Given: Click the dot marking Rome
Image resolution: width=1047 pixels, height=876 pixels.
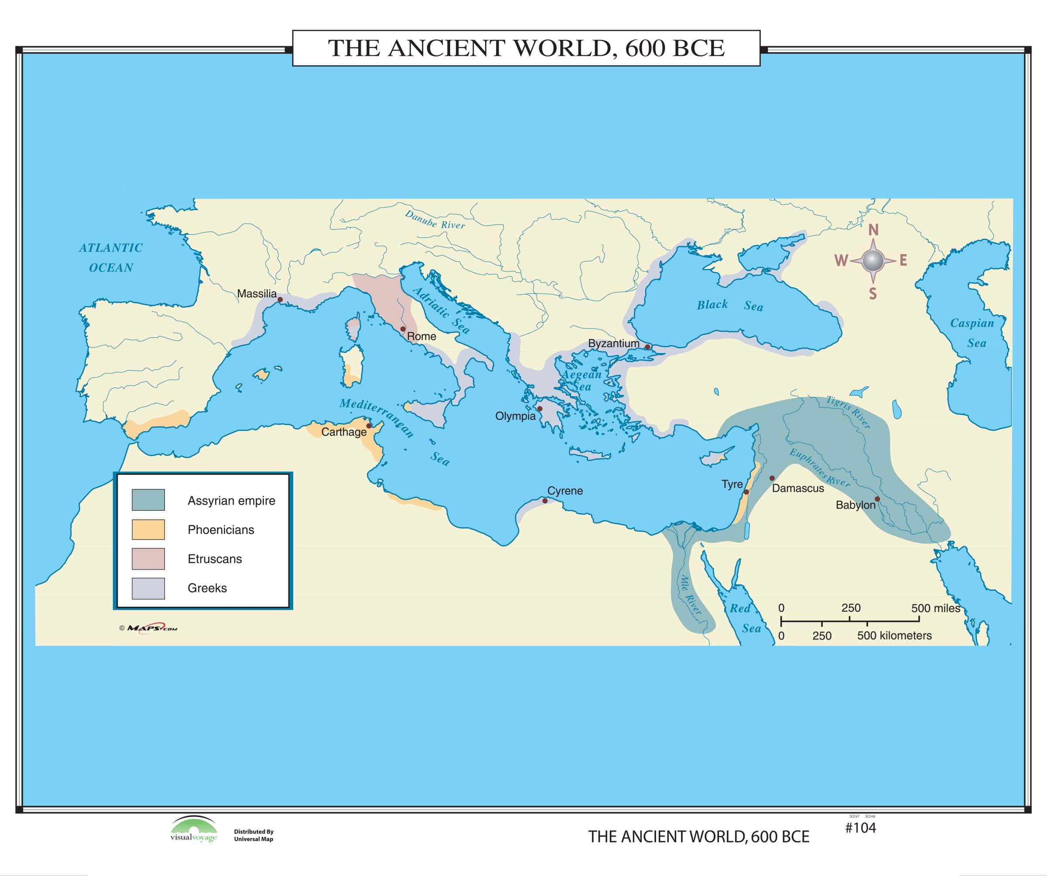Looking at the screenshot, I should [403, 329].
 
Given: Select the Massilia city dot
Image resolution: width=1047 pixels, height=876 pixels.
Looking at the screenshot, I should [280, 300].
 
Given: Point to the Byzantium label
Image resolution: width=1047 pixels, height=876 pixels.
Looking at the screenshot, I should [613, 343].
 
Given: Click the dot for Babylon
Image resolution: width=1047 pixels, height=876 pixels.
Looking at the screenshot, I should [877, 499].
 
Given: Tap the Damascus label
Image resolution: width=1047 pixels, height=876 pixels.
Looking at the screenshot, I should [798, 488].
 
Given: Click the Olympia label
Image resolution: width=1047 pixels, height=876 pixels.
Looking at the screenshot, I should [515, 416].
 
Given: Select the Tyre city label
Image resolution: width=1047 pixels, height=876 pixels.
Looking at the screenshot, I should [732, 484].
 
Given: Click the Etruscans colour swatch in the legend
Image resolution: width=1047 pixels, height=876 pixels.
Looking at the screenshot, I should [148, 559].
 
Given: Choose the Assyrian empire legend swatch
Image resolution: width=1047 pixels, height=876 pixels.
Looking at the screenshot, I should [148, 500].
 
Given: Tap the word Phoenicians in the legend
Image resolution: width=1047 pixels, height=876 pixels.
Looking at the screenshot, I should [221, 530].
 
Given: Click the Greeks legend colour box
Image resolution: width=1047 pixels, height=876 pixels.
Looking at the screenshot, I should [148, 588].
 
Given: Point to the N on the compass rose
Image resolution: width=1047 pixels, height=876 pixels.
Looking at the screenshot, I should [873, 230].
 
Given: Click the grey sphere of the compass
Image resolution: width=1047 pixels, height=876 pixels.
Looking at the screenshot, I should [872, 261].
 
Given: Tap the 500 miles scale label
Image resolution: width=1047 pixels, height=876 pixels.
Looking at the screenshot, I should [935, 608].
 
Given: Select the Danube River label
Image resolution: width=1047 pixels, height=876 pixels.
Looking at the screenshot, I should [435, 220].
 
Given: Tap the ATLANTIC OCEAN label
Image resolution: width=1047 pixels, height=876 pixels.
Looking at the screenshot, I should [111, 258].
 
